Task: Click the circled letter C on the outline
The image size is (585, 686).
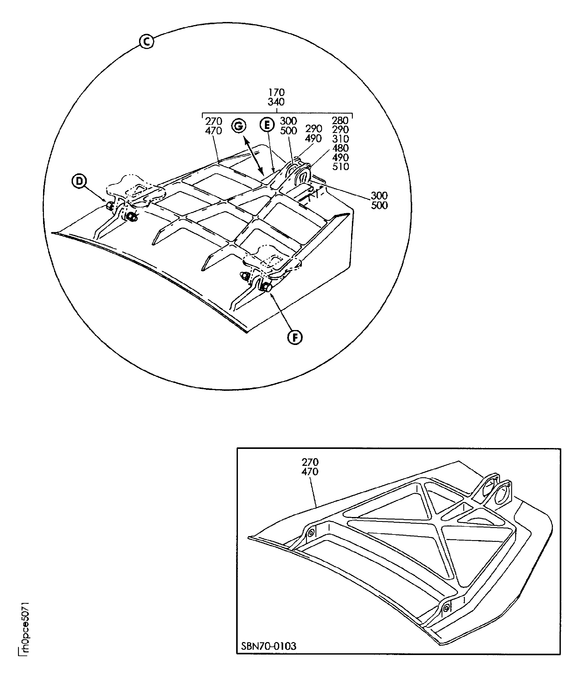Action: click(x=146, y=42)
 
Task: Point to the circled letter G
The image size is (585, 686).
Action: click(x=239, y=126)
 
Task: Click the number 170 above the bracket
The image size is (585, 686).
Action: click(x=276, y=92)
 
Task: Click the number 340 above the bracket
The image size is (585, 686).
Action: click(x=276, y=102)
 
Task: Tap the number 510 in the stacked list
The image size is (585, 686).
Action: click(x=340, y=167)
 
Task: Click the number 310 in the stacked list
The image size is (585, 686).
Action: click(x=340, y=139)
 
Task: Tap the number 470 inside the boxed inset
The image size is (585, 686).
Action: click(x=310, y=472)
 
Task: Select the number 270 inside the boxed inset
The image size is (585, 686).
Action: click(x=310, y=462)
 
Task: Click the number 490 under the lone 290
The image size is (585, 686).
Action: click(x=313, y=138)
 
